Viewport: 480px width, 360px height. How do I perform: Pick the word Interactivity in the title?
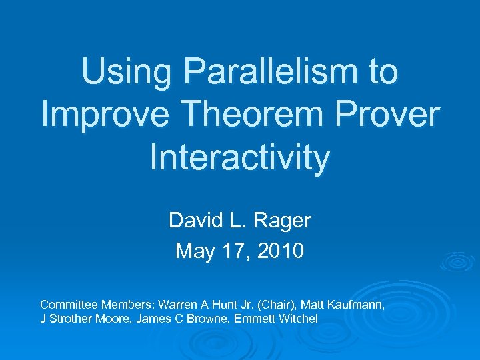240,158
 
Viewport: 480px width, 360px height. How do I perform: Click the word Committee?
67,304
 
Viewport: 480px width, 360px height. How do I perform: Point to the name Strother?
71,319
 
